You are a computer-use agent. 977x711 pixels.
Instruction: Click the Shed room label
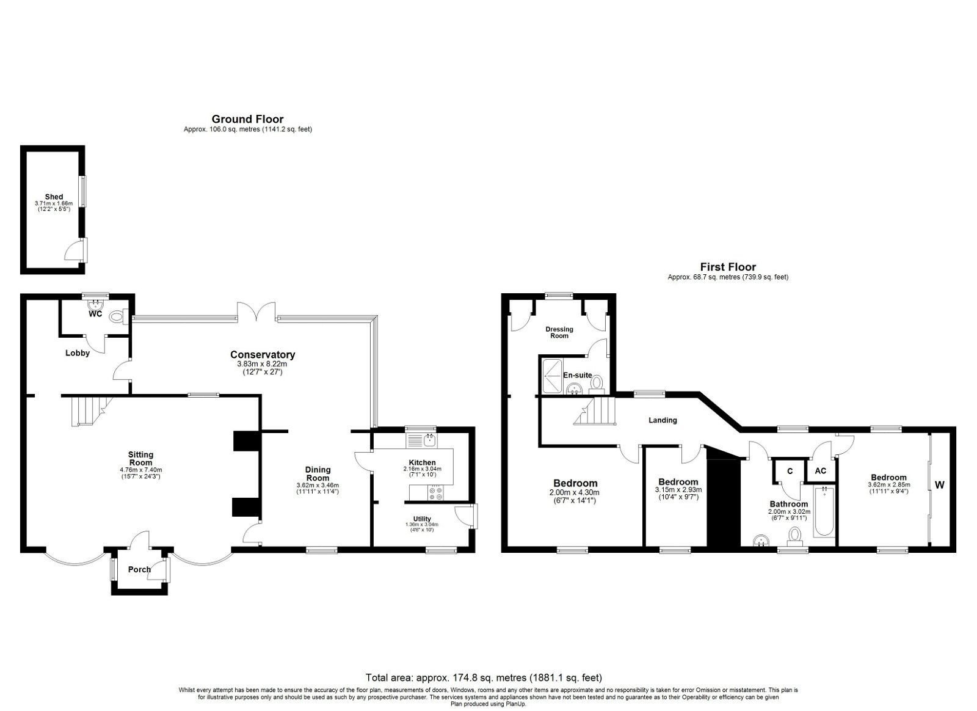pos(54,197)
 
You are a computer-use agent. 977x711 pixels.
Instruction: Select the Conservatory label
pos(263,355)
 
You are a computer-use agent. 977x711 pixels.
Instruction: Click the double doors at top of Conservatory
pos(257,310)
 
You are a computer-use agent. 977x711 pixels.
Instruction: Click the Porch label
pos(139,569)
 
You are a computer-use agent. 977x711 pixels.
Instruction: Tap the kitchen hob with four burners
pos(436,493)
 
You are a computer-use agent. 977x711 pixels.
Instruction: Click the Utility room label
pos(421,519)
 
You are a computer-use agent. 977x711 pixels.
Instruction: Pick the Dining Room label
pos(318,474)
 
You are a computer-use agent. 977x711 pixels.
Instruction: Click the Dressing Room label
pos(559,332)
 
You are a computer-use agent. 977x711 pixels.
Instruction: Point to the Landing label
pos(663,420)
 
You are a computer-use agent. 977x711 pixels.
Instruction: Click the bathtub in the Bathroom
pos(823,511)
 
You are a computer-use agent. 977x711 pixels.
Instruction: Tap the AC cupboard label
pos(820,471)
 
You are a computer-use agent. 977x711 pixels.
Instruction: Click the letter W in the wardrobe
pos(940,485)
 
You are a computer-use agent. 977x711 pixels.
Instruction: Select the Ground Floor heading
pos(247,119)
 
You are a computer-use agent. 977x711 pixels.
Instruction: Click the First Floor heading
pos(728,267)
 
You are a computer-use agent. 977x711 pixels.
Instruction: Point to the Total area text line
pos(484,677)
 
